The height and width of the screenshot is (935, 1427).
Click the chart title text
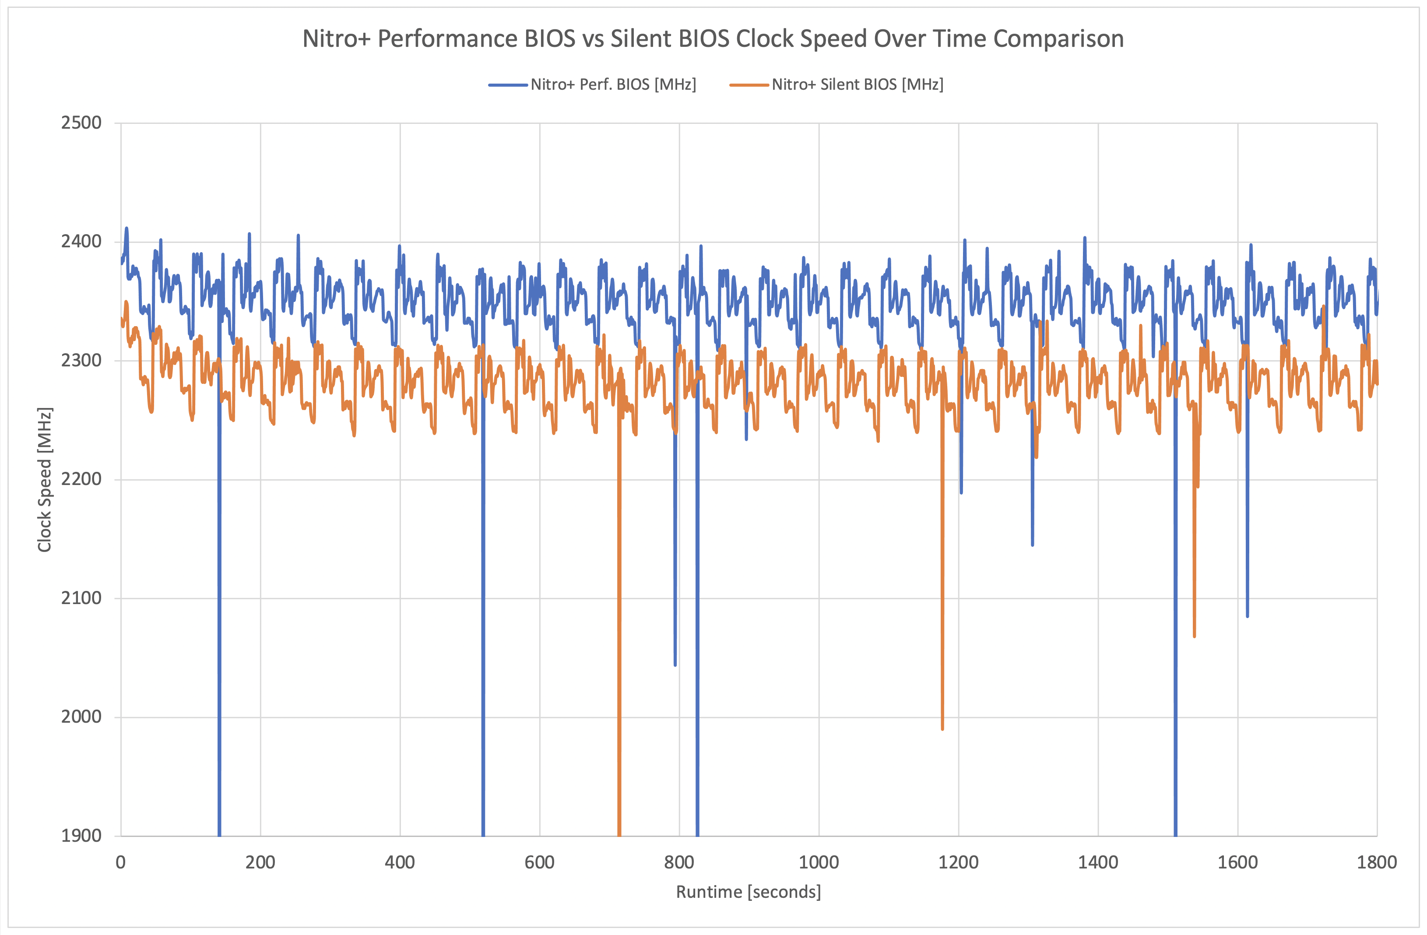(x=712, y=39)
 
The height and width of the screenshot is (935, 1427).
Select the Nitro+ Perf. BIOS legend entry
(x=613, y=84)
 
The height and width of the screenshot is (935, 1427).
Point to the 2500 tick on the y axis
(x=81, y=123)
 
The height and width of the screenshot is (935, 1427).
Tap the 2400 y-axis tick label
(x=81, y=242)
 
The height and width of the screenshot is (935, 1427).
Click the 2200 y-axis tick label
(x=81, y=479)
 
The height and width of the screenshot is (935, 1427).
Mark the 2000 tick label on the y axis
(x=81, y=717)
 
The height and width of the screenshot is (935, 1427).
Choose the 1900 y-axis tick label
(x=81, y=836)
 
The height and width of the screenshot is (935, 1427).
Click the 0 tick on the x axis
(x=120, y=862)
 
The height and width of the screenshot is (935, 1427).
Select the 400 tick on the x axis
(x=400, y=862)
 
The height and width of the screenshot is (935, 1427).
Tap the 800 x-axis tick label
(x=679, y=862)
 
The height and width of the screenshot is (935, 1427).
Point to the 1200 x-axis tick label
(x=958, y=862)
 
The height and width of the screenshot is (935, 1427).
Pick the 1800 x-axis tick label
(x=1377, y=862)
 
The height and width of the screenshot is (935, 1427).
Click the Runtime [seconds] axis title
(x=748, y=892)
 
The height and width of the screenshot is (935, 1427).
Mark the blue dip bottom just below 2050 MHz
(x=675, y=664)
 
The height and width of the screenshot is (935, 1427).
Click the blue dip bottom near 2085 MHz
(x=1248, y=616)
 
